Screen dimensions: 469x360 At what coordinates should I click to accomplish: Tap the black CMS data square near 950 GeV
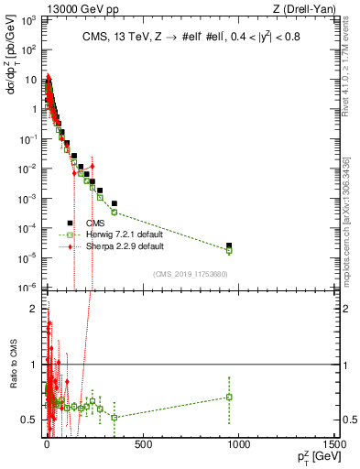pos(230,245)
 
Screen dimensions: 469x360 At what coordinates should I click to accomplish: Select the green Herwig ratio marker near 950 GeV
pos(230,397)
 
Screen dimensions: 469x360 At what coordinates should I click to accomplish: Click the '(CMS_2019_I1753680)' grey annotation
pos(190,273)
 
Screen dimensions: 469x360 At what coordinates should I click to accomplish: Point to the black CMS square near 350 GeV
pos(115,203)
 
